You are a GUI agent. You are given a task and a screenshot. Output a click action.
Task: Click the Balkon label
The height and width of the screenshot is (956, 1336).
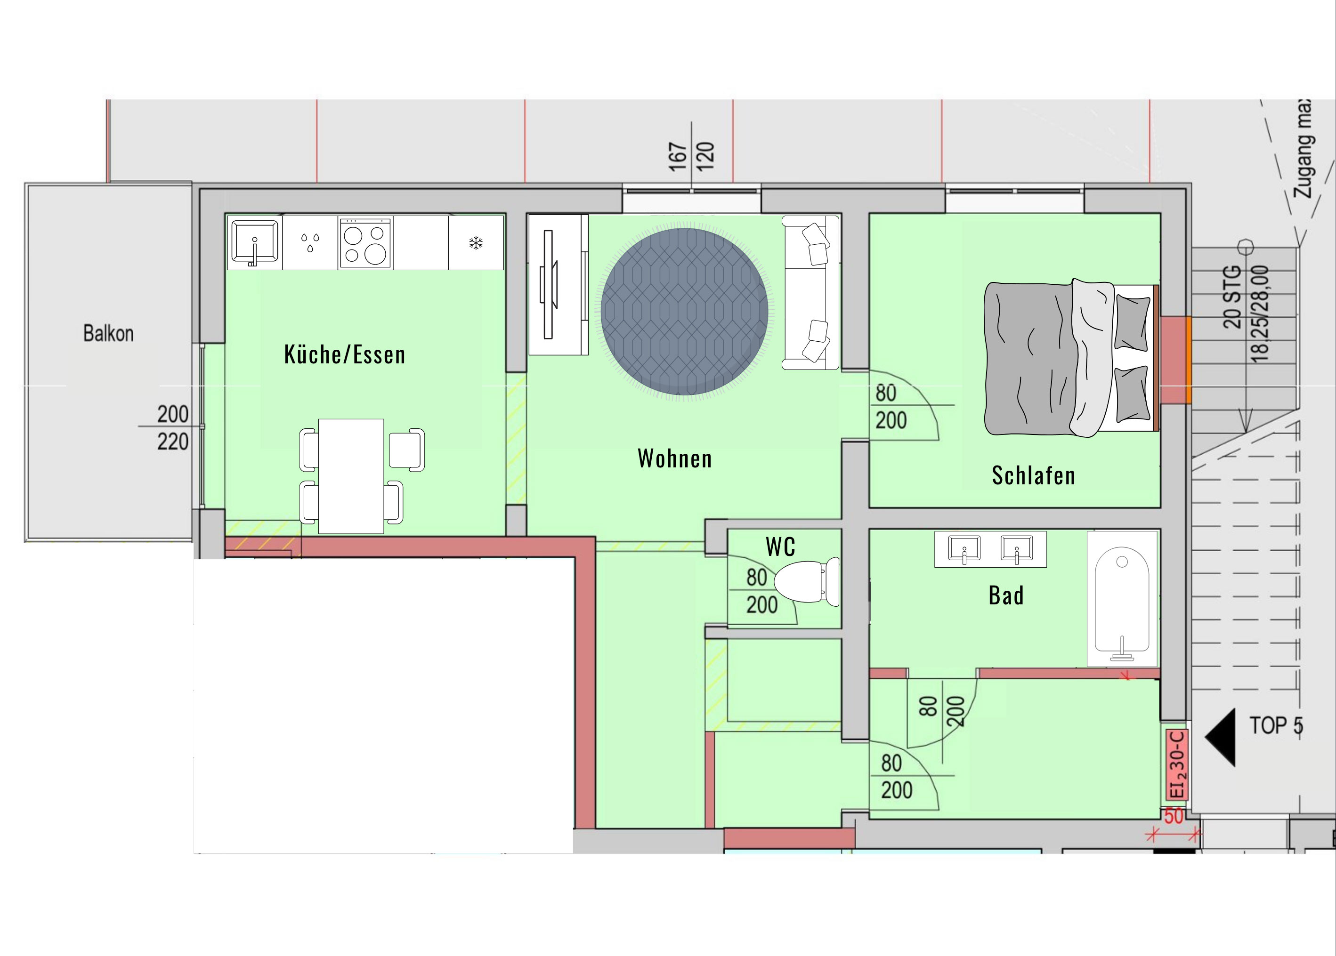pos(108,333)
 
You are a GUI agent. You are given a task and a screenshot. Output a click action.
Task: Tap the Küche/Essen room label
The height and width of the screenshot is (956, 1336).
pos(344,355)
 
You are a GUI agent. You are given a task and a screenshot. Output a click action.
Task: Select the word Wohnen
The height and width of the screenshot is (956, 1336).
pos(675,458)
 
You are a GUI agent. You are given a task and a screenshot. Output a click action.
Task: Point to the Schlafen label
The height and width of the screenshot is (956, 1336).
pos(1033,475)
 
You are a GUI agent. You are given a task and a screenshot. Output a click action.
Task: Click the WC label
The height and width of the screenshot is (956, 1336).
pos(781,547)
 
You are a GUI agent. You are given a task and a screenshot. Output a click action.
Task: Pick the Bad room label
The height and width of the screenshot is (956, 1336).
pos(1006,596)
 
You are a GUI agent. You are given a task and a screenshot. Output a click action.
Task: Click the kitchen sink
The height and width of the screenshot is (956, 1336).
pos(254,241)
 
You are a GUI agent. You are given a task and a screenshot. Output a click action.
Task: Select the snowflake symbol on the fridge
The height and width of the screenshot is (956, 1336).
pos(476,242)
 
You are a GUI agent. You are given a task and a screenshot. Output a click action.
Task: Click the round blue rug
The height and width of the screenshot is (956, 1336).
pos(685,312)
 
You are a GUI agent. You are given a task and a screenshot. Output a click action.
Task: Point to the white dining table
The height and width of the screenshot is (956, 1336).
pos(351,476)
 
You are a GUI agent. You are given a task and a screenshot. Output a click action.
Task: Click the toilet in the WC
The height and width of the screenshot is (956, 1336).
pos(807,582)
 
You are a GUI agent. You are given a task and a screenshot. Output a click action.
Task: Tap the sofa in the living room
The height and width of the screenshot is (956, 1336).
pos(810,293)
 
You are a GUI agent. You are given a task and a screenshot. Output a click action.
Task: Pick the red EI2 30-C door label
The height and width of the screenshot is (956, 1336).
pos(1177,764)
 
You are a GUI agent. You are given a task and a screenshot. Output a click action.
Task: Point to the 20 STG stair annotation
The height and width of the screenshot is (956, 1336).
pos(1232,297)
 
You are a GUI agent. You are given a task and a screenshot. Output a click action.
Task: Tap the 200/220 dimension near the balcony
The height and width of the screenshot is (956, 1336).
pos(172,427)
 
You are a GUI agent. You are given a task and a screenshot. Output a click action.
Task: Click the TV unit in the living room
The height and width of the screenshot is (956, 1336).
pos(558,285)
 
